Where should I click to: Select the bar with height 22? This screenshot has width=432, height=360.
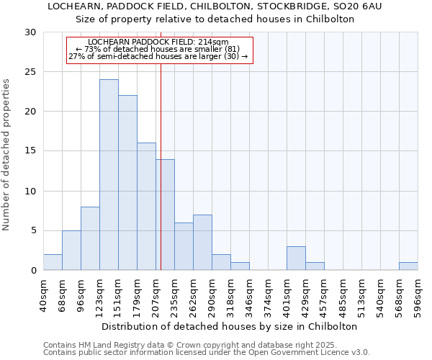tap(127, 183)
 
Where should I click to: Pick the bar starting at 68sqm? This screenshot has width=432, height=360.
tap(71, 251)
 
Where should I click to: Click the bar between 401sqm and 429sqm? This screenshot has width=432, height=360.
tap(296, 258)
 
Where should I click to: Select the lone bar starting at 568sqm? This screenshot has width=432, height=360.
tap(408, 266)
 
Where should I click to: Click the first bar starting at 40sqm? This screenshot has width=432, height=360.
tap(53, 262)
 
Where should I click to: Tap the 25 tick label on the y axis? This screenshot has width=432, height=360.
tap(30, 72)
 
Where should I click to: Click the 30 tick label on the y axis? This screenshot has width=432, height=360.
tap(30, 32)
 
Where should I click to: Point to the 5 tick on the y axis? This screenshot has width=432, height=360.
tap(33, 231)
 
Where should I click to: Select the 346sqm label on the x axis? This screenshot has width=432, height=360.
tap(250, 296)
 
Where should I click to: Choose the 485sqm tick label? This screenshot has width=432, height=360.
tap(343, 296)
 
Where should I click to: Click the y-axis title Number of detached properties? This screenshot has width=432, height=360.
tap(7, 155)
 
